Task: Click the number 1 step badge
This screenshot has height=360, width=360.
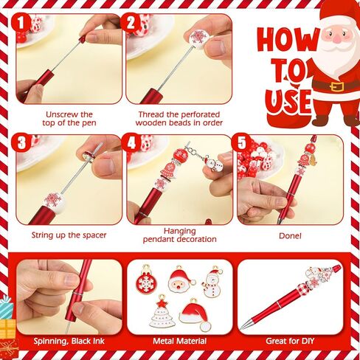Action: coord(21,23)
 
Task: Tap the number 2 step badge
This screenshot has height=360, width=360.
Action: coord(131,23)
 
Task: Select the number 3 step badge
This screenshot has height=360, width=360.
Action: coord(21,142)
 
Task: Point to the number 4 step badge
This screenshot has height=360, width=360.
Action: coord(131,142)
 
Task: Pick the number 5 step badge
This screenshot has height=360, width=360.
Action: coord(242,142)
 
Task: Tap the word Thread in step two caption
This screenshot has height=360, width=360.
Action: coord(151,114)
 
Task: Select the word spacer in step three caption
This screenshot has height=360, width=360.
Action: coord(94,235)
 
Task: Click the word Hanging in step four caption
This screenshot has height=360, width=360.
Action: coord(180,231)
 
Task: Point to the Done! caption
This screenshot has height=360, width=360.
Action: coord(290,236)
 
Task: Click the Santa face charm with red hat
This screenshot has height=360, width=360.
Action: coord(181,280)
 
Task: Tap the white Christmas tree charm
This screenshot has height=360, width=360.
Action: coord(162,312)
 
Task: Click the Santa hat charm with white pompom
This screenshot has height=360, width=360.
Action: coord(195,315)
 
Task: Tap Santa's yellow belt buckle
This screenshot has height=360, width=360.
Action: coord(336,86)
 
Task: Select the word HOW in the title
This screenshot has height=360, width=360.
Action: coord(288,41)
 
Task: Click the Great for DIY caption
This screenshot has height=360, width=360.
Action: coord(290,341)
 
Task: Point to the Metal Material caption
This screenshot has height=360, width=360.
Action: coord(180,341)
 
